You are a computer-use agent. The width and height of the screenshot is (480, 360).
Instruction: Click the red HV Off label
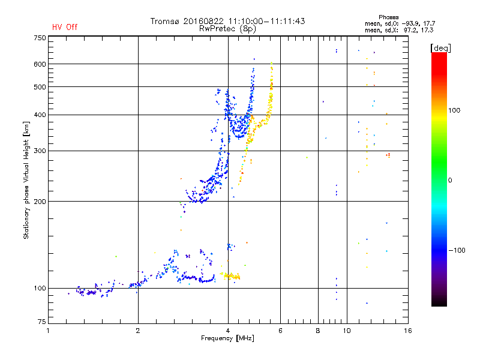click(65, 27)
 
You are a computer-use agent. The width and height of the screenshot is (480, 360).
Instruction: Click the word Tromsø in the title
click(164, 21)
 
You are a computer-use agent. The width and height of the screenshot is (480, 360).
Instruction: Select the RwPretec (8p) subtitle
click(227, 29)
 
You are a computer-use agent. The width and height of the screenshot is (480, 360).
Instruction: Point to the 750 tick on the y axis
click(40, 38)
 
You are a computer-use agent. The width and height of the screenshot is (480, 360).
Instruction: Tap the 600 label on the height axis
click(40, 64)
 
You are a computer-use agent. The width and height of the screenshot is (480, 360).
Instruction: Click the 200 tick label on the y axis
click(40, 202)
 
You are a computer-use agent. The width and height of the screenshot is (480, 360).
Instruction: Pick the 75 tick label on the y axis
click(42, 322)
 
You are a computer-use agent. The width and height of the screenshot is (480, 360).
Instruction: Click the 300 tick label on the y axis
click(40, 151)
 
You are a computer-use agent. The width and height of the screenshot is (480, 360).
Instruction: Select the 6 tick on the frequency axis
click(280, 331)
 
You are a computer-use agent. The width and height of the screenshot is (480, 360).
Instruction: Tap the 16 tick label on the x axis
click(408, 331)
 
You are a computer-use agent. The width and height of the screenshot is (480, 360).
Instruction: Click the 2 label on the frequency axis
click(138, 331)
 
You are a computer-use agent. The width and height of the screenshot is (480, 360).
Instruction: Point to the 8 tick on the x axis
click(318, 331)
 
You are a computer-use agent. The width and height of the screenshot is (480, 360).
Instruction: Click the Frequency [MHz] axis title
click(227, 338)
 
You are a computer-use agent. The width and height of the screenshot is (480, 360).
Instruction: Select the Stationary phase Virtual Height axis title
click(26, 180)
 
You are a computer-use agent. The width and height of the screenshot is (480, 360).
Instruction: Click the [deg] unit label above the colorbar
click(440, 48)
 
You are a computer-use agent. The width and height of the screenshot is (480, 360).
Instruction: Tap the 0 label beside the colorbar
click(449, 180)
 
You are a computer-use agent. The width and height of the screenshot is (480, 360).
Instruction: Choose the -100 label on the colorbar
click(457, 250)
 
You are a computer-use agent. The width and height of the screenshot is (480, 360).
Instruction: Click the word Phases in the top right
click(388, 17)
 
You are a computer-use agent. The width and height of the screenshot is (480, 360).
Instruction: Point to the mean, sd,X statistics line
click(399, 30)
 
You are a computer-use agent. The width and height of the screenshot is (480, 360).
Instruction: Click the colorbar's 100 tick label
click(454, 110)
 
